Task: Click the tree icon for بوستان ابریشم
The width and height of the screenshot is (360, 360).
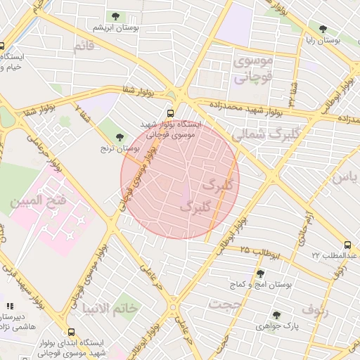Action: click(114, 16)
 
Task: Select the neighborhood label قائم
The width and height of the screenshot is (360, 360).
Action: click(82, 46)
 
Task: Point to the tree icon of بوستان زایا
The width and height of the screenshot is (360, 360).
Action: click(323, 30)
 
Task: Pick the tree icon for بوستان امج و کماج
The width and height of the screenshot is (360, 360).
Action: click(260, 274)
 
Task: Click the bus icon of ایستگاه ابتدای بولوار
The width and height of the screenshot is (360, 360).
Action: click(71, 332)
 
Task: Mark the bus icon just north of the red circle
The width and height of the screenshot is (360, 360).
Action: click(172, 112)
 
